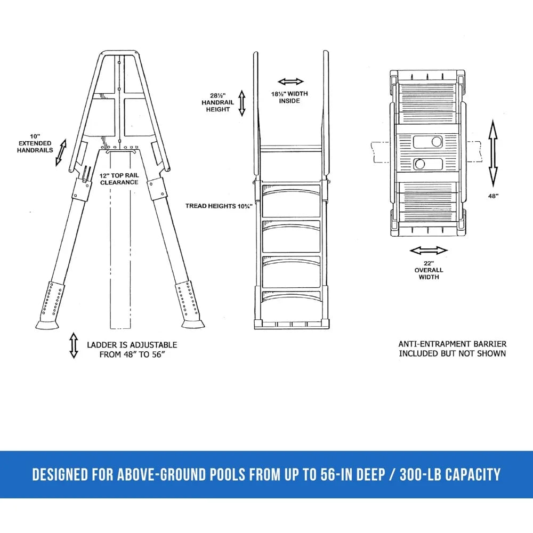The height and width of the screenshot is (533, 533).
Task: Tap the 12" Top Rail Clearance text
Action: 118,179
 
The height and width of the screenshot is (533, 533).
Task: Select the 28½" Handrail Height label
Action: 216,102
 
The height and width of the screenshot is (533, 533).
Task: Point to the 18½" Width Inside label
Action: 289,97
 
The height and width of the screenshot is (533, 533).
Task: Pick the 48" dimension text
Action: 493,196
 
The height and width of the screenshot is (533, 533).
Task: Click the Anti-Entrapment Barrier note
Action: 452,349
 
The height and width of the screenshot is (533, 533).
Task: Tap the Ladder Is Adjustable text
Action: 132,350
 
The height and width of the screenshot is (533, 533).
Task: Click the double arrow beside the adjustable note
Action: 74,345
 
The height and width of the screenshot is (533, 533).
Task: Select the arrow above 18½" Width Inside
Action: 290,82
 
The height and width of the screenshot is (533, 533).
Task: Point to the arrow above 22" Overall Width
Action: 428,251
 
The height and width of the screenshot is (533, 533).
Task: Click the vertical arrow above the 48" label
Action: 493,153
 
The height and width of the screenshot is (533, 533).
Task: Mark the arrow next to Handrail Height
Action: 241,103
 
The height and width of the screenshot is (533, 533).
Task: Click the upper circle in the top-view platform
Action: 437,141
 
